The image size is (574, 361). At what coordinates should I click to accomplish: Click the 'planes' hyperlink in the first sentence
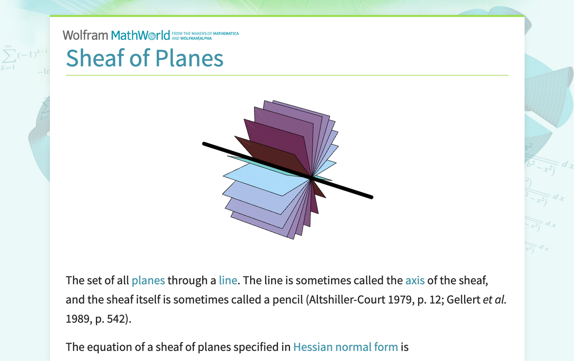[x=148, y=280]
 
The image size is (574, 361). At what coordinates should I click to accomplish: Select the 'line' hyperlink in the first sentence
[x=228, y=280]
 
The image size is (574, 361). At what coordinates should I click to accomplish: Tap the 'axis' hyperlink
[x=415, y=280]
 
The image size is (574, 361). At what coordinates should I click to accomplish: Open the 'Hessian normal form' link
[x=345, y=347]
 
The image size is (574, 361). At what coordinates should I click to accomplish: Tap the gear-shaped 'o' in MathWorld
[x=154, y=36]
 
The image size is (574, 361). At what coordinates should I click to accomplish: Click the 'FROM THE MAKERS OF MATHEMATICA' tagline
[x=205, y=33]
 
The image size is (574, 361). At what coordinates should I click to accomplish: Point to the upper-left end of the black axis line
[x=204, y=144]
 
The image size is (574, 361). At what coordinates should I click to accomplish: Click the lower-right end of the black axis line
[x=371, y=197]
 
